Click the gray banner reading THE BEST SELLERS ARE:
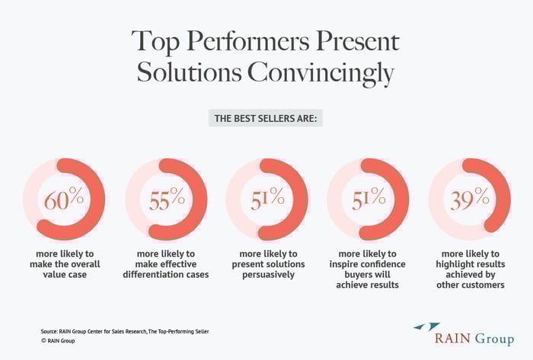(266, 118)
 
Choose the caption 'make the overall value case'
(64, 263)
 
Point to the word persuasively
(266, 274)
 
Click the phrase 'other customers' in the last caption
(469, 285)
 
